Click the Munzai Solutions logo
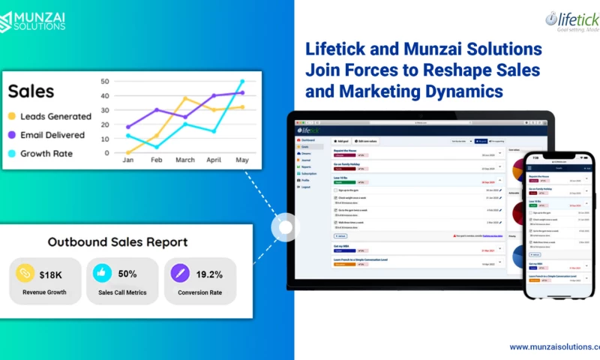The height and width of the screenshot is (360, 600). (x=33, y=20)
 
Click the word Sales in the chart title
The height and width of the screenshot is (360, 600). (x=31, y=91)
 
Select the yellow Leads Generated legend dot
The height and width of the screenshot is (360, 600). (x=12, y=116)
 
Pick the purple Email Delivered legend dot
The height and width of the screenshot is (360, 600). (x=12, y=135)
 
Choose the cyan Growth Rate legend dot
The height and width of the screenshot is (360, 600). (x=12, y=153)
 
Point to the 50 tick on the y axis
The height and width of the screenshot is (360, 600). (x=105, y=81)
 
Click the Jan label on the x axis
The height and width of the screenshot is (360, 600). (x=127, y=160)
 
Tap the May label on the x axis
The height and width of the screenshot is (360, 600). (x=241, y=160)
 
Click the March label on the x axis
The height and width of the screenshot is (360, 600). (x=184, y=160)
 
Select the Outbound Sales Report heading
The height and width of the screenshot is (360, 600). (x=118, y=242)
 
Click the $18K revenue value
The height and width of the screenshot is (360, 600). (x=51, y=274)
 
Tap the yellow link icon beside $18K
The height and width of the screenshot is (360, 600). (x=25, y=273)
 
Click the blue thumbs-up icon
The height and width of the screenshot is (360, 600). (x=102, y=273)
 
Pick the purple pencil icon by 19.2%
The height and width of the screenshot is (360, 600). (x=180, y=273)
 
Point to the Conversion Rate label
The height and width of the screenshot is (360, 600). (x=199, y=292)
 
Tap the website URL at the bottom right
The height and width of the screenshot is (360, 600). (x=554, y=346)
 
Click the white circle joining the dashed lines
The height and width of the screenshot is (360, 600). (x=285, y=226)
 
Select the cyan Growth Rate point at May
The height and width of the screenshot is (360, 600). (x=241, y=81)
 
